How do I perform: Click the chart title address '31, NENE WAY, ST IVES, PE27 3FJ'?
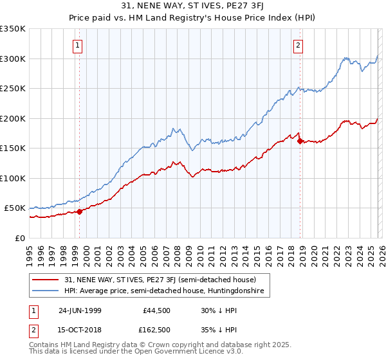click(192, 6)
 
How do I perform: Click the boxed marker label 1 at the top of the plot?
click(78, 45)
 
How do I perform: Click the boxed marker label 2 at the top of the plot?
click(299, 45)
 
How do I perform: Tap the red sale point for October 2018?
click(300, 141)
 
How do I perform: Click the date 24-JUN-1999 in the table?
click(80, 310)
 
